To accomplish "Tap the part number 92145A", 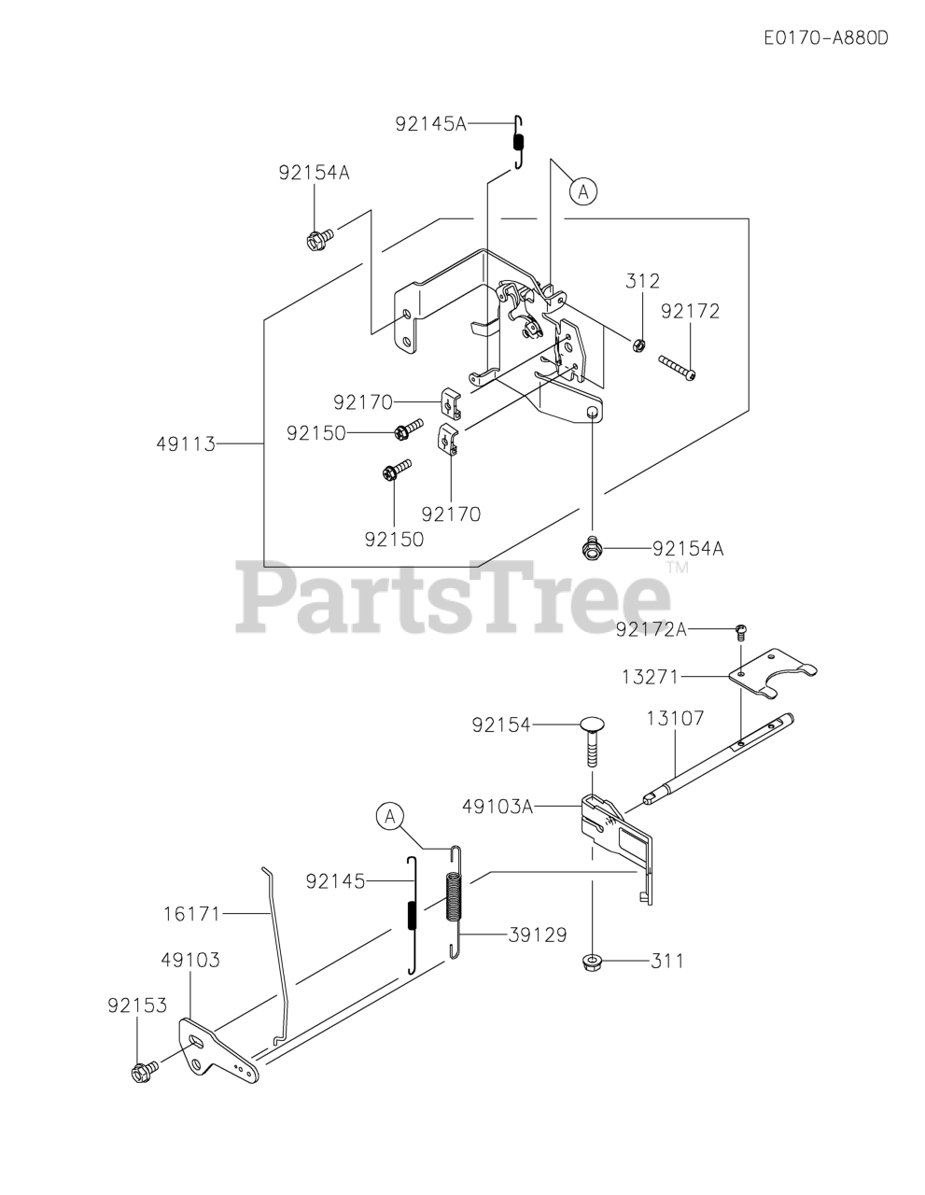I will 429,122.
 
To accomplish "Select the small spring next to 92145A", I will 520,143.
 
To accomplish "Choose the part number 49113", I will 185,444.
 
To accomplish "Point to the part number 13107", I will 675,718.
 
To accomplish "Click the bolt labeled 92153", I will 145,1072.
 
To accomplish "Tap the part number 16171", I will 189,913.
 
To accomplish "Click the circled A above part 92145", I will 390,817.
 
